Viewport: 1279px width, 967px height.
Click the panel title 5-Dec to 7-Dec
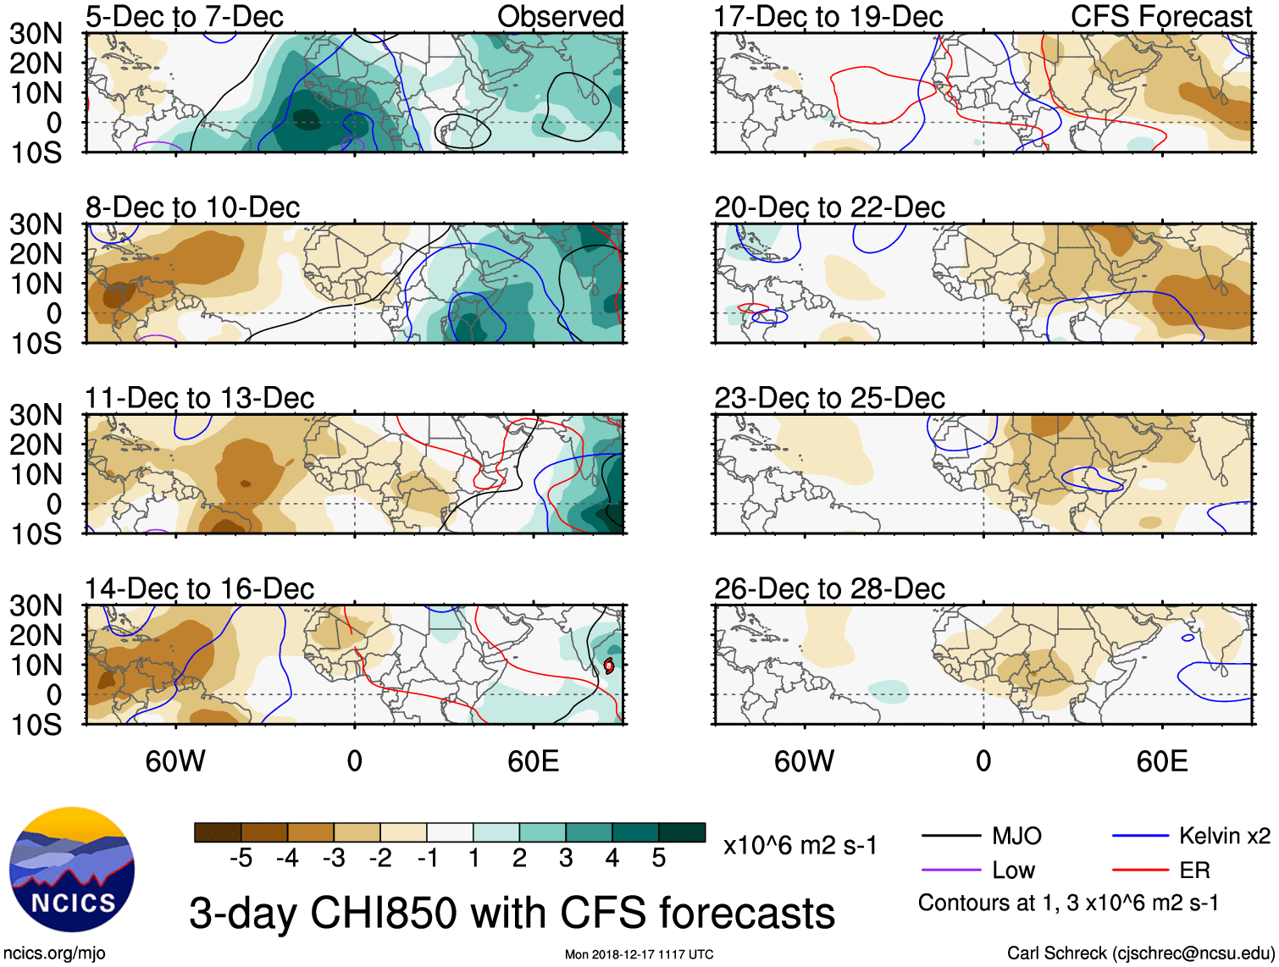point(184,16)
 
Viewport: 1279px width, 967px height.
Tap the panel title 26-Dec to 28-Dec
point(828,588)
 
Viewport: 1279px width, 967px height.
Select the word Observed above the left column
point(560,16)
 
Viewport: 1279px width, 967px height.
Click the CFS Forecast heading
point(1160,16)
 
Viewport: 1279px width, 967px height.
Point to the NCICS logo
point(72,870)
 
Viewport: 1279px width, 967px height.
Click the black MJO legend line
point(950,837)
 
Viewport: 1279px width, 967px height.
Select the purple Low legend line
point(950,870)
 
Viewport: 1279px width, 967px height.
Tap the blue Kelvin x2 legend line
point(1140,837)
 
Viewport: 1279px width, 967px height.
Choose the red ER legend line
point(1140,870)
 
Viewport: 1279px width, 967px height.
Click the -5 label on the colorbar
point(241,859)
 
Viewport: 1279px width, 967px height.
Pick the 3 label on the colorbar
point(566,859)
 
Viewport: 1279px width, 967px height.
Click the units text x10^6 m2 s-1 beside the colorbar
point(800,845)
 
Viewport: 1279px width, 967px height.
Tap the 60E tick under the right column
point(1161,761)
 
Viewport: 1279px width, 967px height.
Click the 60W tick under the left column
point(175,761)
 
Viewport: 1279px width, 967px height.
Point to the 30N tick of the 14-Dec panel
point(36,605)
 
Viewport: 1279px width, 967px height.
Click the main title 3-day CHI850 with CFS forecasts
point(512,913)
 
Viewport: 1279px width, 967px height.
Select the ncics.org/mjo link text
point(54,953)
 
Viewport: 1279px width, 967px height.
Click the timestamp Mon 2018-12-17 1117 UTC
point(639,954)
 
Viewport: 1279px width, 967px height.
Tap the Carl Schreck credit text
point(1140,953)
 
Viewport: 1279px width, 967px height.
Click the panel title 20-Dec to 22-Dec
point(828,207)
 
